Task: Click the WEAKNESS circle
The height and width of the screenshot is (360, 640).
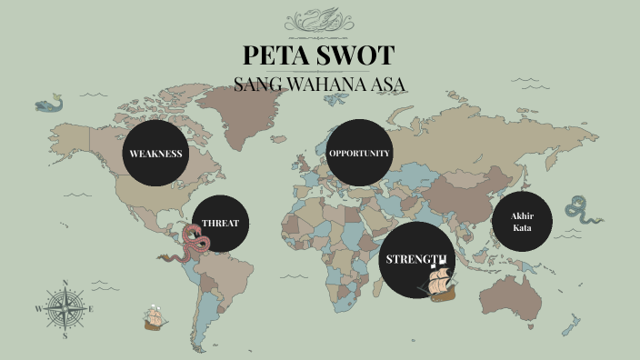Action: [155, 153]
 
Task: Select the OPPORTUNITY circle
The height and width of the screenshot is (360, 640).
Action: [359, 153]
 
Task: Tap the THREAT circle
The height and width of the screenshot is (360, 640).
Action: [221, 224]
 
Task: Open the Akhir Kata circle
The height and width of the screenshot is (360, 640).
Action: [522, 221]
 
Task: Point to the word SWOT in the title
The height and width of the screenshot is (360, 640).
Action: [358, 55]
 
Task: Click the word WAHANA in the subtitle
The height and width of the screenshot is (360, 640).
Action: [327, 85]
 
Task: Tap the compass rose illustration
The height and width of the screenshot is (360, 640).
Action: [65, 308]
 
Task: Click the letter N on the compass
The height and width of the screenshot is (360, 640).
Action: [65, 282]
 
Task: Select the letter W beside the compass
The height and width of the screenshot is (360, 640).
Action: [38, 309]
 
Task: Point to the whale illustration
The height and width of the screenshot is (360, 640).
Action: [50, 105]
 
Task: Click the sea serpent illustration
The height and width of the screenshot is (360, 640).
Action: [581, 210]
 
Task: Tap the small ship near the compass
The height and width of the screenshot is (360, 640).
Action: [154, 318]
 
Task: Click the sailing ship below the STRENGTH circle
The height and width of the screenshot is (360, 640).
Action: [440, 285]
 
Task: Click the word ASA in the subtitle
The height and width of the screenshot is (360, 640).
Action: [386, 85]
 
